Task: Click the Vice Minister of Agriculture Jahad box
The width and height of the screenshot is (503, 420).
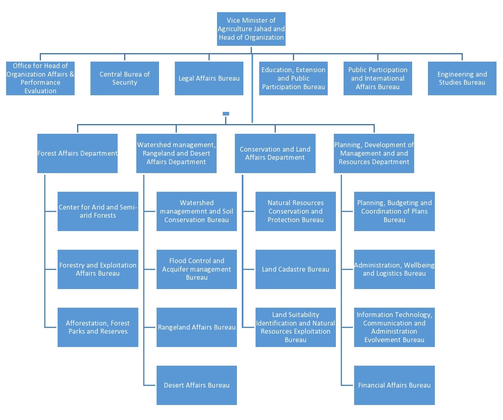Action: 251,29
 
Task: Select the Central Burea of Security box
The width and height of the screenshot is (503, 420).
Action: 125,78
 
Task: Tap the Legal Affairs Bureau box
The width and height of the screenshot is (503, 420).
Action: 209,78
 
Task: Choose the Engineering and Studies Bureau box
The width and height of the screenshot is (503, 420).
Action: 462,78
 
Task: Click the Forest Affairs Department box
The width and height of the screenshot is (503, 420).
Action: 77,153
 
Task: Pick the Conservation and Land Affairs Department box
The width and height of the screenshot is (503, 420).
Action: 275,153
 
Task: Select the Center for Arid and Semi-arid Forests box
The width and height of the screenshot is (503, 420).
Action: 98,211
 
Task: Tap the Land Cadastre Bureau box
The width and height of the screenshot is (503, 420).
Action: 295,269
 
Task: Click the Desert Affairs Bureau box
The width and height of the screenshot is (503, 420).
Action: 196,385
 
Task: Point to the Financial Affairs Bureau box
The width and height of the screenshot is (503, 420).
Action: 394,385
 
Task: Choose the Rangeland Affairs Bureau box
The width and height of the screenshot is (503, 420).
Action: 196,327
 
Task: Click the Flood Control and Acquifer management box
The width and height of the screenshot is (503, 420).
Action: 196,269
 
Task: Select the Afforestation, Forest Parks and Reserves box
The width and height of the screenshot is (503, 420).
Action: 98,327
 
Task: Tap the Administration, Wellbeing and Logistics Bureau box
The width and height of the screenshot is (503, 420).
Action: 394,269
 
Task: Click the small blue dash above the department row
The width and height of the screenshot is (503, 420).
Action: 226,114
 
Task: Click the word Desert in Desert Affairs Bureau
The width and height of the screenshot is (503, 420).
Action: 174,385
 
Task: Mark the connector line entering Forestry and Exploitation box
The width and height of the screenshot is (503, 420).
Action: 51,269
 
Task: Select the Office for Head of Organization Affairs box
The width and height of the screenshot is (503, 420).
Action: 40,78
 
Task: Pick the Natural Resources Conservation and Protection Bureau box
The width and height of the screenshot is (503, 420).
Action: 295,211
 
